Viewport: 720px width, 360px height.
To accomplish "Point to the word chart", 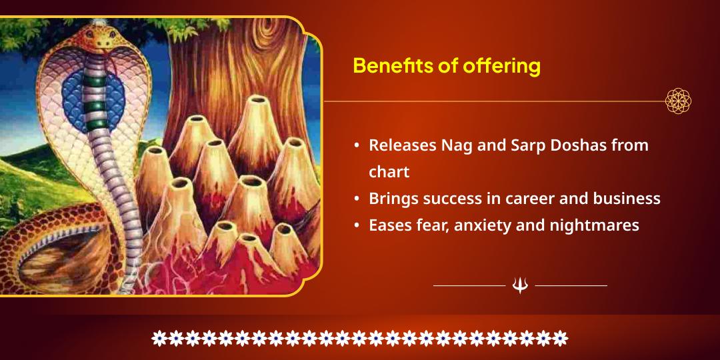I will [389, 171].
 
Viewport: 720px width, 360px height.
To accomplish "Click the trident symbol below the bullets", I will [520, 285].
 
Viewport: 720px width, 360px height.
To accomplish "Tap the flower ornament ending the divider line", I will [678, 101].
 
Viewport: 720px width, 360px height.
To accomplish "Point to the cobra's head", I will [101, 37].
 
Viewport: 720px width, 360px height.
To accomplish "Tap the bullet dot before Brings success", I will [358, 199].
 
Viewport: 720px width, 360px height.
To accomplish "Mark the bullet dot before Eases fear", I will [358, 226].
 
